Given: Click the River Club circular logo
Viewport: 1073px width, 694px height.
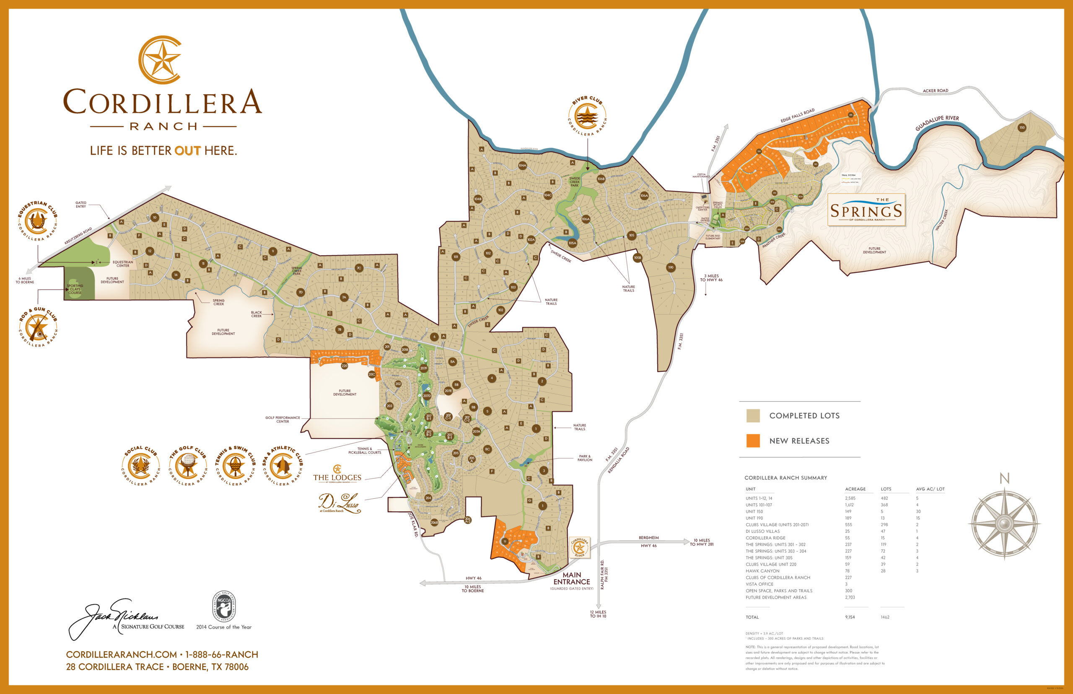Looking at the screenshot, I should click(587, 116).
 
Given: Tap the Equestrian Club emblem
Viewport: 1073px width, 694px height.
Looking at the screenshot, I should click(37, 221).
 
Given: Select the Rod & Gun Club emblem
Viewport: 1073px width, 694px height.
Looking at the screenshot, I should click(38, 327).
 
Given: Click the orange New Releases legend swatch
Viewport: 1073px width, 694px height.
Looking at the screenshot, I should click(753, 441).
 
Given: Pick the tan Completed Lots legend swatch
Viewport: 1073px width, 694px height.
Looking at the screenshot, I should click(753, 415).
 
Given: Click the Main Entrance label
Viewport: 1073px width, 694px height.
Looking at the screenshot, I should click(571, 578).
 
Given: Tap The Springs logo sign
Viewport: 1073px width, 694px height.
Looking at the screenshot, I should click(866, 210).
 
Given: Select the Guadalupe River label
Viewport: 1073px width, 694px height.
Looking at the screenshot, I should click(936, 122).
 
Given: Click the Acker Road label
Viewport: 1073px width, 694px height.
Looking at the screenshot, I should click(935, 91).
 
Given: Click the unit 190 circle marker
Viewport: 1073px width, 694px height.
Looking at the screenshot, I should click(671, 267).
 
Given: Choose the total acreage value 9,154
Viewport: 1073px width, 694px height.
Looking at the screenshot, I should click(850, 617).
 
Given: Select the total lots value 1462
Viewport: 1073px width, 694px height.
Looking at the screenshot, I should click(885, 617).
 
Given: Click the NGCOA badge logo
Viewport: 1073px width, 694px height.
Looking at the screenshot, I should click(224, 606).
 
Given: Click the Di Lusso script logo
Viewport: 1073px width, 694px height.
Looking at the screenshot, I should click(340, 502).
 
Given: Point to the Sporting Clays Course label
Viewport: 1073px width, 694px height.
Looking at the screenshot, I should click(75, 289).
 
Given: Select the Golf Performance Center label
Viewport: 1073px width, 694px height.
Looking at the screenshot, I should click(283, 420).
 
